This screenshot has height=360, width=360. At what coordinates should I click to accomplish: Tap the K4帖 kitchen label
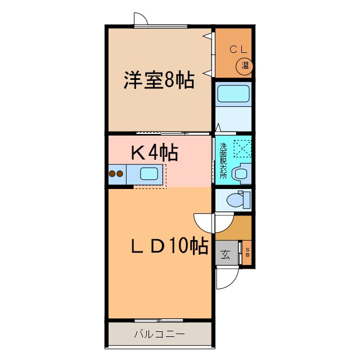tap(155, 152)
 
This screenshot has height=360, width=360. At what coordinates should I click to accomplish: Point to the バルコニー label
tap(159, 334)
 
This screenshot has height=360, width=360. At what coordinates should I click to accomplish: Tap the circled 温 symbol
tap(245, 66)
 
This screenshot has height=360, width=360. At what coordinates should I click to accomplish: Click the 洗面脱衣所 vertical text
tap(223, 161)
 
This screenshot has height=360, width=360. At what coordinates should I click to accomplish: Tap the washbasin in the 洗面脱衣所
tap(241, 173)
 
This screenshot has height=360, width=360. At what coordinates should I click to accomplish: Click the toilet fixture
tap(236, 199)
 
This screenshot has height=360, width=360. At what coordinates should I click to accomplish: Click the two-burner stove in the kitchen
tap(116, 174)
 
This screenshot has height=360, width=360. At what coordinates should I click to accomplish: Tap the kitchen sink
tap(149, 174)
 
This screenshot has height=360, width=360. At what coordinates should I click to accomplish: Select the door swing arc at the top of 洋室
tap(141, 19)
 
